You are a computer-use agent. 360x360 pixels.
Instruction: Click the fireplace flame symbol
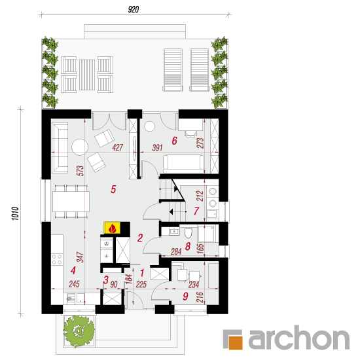pos(113,228)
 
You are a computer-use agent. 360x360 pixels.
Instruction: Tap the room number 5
pos(113,189)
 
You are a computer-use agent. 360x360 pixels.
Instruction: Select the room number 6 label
pos(175,141)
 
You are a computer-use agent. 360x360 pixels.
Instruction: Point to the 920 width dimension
pos(134,9)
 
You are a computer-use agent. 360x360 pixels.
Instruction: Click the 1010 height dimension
pos(16,213)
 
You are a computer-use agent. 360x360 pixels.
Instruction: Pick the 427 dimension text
pos(118,147)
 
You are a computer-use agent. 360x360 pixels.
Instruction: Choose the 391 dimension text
pos(158,148)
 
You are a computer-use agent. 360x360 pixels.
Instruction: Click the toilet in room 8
pos(188,232)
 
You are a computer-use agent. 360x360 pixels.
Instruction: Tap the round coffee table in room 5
pos(80,147)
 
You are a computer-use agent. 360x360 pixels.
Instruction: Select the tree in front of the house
pos(79,331)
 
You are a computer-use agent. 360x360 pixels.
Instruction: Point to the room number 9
pos(185,296)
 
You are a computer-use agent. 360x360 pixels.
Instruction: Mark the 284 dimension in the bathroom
pos(176,251)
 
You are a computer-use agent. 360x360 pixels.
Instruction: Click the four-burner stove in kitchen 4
pos(57,259)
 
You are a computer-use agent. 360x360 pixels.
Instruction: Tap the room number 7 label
pos(196,211)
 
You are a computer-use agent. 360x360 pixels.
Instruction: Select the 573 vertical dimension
pos(81,171)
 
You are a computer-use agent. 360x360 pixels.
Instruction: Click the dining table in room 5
pos(71,202)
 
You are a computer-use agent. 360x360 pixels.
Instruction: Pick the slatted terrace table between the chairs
pos(87,75)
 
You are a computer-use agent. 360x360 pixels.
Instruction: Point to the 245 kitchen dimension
pos(74,284)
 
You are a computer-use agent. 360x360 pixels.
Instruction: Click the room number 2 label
pos(140,238)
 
